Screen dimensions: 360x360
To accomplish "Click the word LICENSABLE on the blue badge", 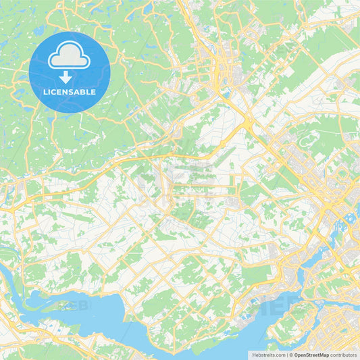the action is (70, 91).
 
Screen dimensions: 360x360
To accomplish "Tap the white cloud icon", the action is (70, 55).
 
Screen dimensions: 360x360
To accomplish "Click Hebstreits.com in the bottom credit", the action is (267, 355).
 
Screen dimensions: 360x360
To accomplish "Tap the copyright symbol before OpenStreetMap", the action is (291, 355).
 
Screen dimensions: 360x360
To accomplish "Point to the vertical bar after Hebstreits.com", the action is (286, 355).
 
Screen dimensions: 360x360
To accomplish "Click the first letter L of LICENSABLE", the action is (45, 91).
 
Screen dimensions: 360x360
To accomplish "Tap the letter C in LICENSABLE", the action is (54, 91).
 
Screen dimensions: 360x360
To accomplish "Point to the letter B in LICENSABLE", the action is (84, 91).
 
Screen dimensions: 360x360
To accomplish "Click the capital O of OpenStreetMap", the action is (297, 355).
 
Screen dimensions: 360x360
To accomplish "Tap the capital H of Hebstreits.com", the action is (252, 355).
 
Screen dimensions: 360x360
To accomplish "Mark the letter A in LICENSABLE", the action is (78, 91).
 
